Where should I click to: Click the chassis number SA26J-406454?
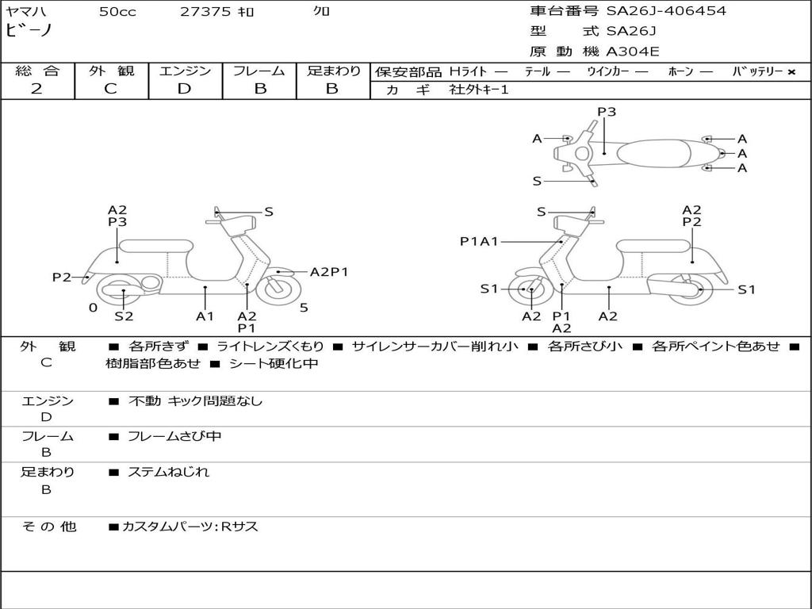666,11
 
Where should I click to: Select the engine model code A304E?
632,52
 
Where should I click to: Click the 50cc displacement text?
117,12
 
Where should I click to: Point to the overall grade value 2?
36,89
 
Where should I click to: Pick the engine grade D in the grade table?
185,89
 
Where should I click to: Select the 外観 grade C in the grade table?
111,89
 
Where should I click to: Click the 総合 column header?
36,71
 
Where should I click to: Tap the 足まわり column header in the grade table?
333,71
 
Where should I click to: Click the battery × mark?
791,72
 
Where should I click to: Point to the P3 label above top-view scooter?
607,112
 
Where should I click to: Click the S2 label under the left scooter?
124,316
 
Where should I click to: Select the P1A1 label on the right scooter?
479,241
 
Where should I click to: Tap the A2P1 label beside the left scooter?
329,272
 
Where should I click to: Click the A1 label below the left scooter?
205,316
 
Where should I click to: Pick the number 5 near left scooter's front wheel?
304,308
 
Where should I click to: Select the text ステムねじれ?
169,472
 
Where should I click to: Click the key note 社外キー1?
479,90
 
